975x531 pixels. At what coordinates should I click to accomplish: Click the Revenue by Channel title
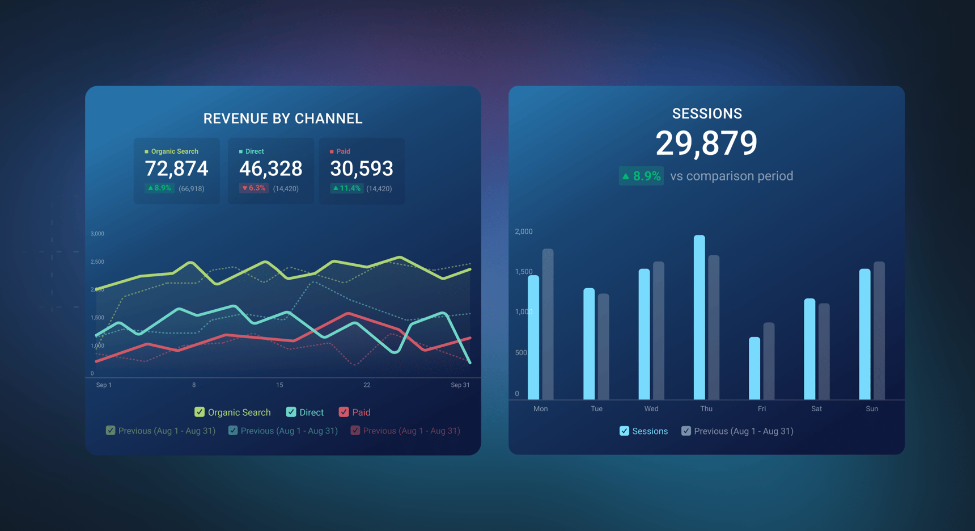pyautogui.click(x=283, y=119)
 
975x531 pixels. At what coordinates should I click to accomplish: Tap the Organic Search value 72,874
pyautogui.click(x=176, y=168)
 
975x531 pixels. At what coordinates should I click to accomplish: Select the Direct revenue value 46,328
pyautogui.click(x=270, y=168)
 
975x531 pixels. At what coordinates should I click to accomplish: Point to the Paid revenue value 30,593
pyautogui.click(x=361, y=168)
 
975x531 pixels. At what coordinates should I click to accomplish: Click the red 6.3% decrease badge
pyautogui.click(x=254, y=188)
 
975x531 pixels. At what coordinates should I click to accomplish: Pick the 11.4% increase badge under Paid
pyautogui.click(x=346, y=188)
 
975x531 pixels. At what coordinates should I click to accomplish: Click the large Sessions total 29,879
pyautogui.click(x=706, y=143)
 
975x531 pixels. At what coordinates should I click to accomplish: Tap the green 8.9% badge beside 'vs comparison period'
pyautogui.click(x=641, y=176)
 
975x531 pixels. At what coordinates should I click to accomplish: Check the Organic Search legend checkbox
pyautogui.click(x=200, y=412)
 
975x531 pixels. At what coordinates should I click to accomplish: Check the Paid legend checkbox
pyautogui.click(x=344, y=412)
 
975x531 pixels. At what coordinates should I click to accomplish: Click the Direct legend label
pyautogui.click(x=311, y=412)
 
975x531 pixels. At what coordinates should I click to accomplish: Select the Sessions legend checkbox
pyautogui.click(x=624, y=431)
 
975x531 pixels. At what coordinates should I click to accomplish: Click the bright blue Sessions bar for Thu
pyautogui.click(x=700, y=318)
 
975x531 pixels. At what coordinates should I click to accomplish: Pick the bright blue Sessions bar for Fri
pyautogui.click(x=754, y=368)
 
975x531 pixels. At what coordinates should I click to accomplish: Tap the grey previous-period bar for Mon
pyautogui.click(x=548, y=324)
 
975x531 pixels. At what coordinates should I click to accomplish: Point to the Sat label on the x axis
pyautogui.click(x=816, y=408)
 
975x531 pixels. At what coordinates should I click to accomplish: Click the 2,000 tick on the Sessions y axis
pyautogui.click(x=524, y=231)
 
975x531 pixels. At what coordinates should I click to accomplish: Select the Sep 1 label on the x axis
pyautogui.click(x=104, y=385)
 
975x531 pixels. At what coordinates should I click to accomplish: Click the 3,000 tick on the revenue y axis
pyautogui.click(x=97, y=234)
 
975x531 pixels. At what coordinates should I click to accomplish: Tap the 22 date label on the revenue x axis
pyautogui.click(x=367, y=385)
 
